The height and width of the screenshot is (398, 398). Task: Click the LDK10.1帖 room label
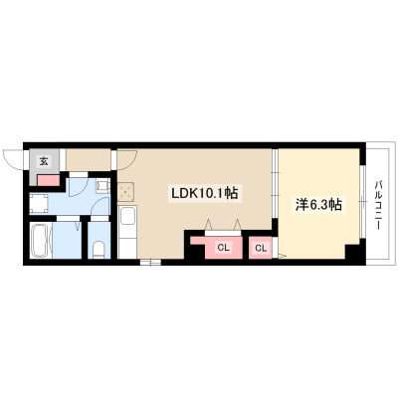204,193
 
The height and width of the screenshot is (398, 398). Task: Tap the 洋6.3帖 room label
318,205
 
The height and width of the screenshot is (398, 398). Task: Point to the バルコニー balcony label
377,205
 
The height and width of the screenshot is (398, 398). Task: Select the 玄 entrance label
44,161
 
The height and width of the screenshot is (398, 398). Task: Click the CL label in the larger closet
224,247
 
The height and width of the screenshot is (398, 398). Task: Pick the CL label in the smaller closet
261,248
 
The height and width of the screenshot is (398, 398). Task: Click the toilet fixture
99,250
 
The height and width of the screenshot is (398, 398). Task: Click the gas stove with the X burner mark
125,191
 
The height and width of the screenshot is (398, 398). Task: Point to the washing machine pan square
39,203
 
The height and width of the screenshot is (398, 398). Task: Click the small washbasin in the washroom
102,186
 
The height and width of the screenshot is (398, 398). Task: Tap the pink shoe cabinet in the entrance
49,180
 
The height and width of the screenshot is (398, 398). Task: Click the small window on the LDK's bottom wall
150,262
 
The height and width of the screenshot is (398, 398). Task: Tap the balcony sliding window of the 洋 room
363,201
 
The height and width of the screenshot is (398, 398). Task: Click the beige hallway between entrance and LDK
89,160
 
